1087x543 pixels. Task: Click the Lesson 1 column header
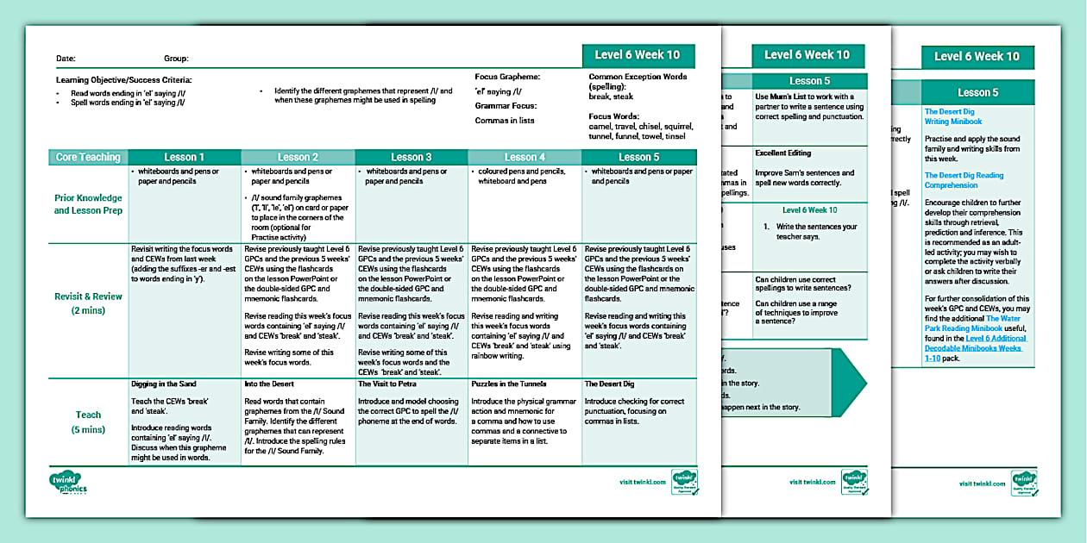pos(185,157)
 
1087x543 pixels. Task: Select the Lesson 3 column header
pos(412,157)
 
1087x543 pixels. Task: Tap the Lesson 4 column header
pos(525,157)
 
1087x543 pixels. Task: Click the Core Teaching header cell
pos(88,157)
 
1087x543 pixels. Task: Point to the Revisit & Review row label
pos(88,303)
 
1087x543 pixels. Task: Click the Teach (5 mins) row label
pos(88,421)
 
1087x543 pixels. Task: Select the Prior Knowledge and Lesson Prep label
pos(88,203)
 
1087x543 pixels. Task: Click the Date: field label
pos(66,59)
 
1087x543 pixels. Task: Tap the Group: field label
pos(176,59)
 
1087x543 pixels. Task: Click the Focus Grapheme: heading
pos(507,78)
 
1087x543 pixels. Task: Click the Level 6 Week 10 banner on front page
pos(638,55)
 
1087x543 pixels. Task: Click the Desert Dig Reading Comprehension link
pos(964,180)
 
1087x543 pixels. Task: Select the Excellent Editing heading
pos(782,153)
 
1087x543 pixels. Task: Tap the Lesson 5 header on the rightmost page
pos(977,92)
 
